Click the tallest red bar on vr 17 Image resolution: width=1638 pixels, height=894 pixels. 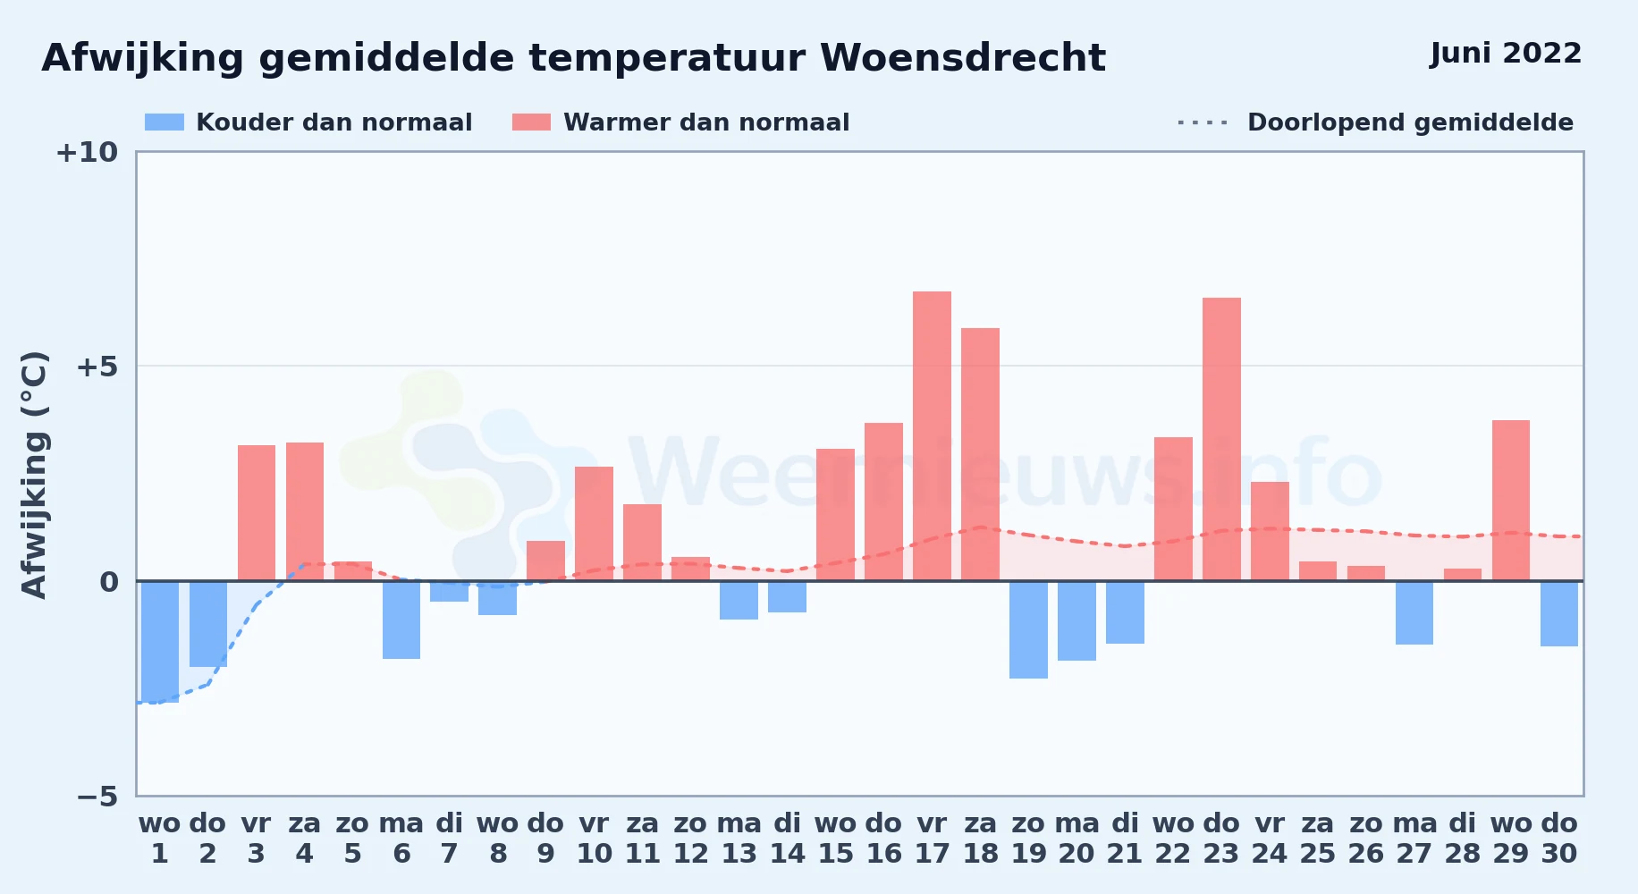(932, 436)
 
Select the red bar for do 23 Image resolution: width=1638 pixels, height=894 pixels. (1221, 439)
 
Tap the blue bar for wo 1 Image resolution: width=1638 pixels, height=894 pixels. (160, 642)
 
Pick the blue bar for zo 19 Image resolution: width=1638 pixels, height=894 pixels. (1028, 629)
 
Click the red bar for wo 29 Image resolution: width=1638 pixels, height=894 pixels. (1511, 501)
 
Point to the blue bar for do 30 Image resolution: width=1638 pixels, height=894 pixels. (1559, 613)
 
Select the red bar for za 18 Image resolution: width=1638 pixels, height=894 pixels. (980, 454)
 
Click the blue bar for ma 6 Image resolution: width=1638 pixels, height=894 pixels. (401, 620)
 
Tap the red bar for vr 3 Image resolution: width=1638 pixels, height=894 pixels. (257, 513)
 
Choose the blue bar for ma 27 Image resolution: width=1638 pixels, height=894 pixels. (1414, 612)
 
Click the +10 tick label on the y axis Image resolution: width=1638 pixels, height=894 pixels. (87, 153)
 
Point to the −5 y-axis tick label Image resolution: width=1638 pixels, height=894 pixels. (97, 797)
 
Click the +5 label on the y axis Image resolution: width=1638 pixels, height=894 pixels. (97, 367)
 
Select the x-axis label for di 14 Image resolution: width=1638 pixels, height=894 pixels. (788, 839)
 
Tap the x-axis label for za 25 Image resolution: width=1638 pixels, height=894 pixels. (1318, 839)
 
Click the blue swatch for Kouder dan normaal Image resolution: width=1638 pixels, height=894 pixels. (165, 122)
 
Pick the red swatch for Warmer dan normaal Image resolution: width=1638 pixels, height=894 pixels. (531, 122)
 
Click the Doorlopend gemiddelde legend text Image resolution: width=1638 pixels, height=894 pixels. (1410, 122)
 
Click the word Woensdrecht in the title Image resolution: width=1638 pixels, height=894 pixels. (963, 58)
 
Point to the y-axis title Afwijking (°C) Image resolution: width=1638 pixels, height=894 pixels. (34, 475)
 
